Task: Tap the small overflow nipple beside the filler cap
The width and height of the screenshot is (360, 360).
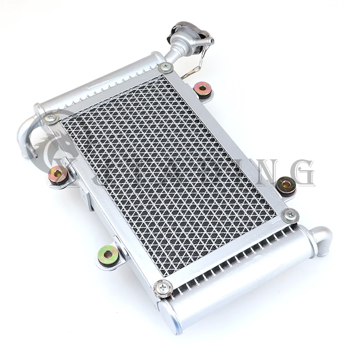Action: coord(208,41)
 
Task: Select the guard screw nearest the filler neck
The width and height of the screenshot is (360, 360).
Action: coord(165,67)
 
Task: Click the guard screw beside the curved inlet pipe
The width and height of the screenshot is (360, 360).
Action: coord(50,118)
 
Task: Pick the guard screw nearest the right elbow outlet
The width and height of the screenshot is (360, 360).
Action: coord(290,215)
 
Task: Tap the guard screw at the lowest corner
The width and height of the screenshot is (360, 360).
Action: coord(162,288)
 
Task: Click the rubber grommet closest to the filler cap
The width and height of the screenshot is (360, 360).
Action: coord(203,88)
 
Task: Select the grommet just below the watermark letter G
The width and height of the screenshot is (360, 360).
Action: coord(286,185)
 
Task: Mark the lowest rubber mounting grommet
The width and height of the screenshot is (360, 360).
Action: coord(108,256)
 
